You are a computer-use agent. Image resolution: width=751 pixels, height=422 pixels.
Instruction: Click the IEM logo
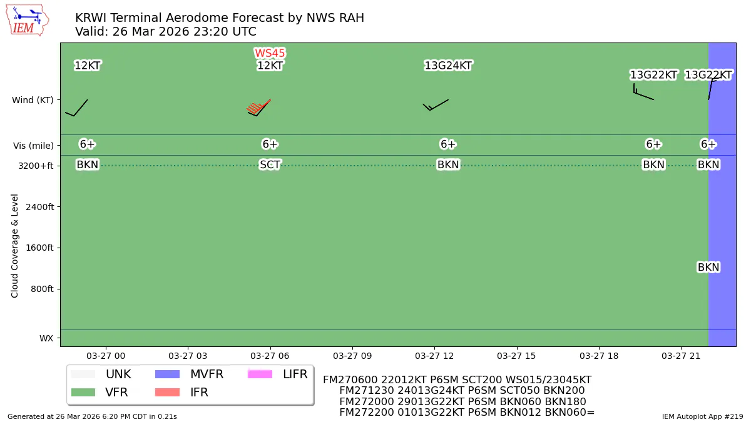pyautogui.click(x=27, y=20)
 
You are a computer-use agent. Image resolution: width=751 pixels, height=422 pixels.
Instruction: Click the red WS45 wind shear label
pyautogui.click(x=270, y=53)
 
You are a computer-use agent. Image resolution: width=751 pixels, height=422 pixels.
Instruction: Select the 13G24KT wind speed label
pyautogui.click(x=448, y=66)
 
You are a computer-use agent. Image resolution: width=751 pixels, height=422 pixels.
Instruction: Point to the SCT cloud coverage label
pyautogui.click(x=270, y=165)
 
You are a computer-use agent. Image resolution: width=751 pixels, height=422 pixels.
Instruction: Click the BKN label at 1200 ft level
pyautogui.click(x=708, y=267)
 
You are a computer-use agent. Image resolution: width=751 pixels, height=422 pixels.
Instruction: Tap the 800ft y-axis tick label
pyautogui.click(x=41, y=289)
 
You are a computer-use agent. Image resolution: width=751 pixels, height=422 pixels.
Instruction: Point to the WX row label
pyautogui.click(x=46, y=338)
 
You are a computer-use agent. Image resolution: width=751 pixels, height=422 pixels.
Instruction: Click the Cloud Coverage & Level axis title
pyautogui.click(x=15, y=245)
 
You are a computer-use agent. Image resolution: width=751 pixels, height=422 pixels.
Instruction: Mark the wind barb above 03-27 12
pyautogui.click(x=436, y=104)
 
